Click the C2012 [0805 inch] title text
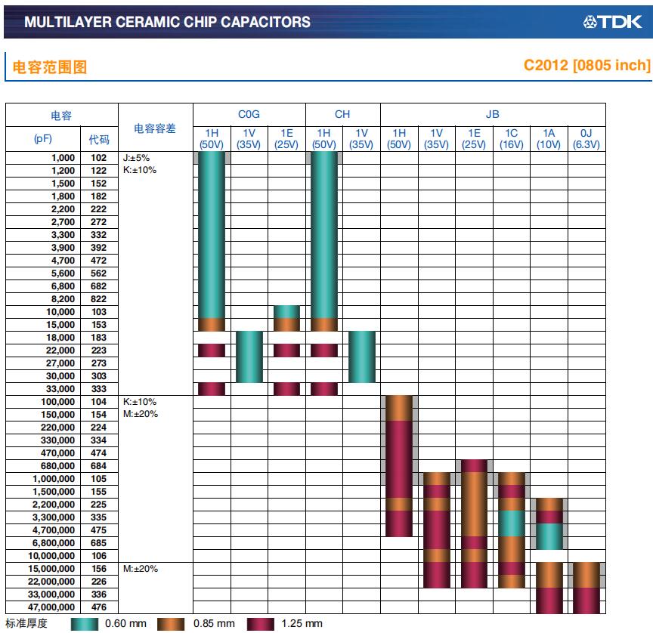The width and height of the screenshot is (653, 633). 586,66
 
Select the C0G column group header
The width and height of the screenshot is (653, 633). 249,114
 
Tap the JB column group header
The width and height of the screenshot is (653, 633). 492,114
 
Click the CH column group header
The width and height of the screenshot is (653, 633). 342,114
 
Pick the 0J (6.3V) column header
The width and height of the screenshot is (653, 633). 586,139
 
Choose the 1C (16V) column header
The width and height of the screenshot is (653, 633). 511,139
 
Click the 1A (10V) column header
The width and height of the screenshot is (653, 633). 549,139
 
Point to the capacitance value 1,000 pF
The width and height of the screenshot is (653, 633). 63,158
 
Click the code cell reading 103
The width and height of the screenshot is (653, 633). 99,312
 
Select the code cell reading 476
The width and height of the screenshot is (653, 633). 99,607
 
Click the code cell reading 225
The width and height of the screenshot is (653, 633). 99,505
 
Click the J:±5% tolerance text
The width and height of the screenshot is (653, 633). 136,158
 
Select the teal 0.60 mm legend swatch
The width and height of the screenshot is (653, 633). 85,624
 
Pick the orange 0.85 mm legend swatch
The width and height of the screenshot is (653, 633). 172,624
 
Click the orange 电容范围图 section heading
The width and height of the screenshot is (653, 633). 49,67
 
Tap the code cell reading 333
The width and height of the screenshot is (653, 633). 99,389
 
